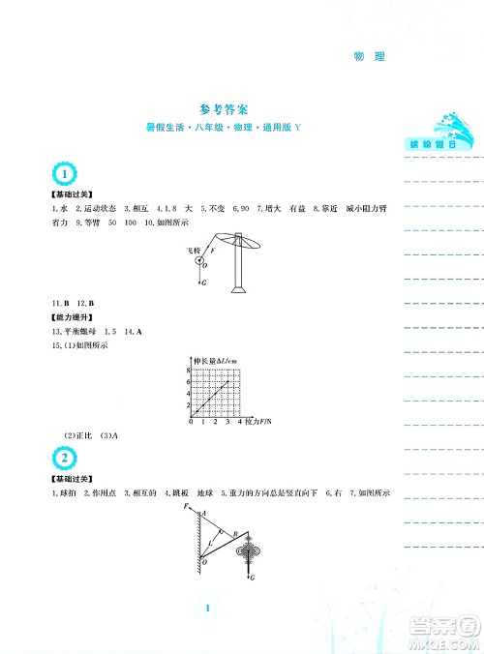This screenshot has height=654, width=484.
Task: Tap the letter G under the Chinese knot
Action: (x=252, y=579)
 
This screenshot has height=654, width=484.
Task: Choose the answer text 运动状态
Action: (x=99, y=208)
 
